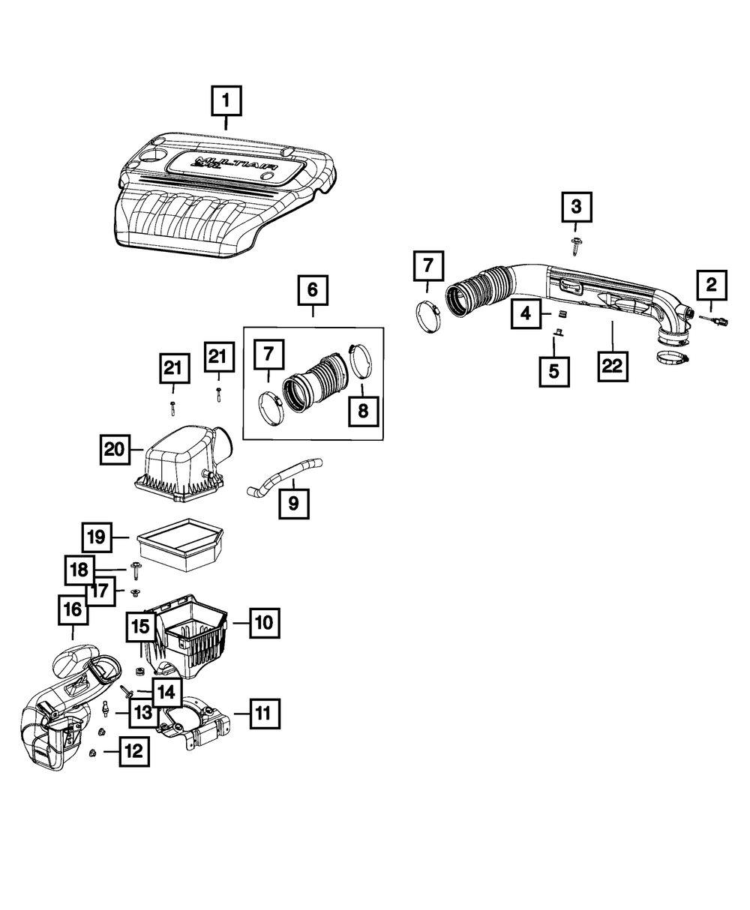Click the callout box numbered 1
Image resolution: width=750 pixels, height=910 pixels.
226,101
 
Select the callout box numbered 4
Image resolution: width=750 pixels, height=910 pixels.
526,313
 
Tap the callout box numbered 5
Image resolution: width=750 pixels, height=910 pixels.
554,370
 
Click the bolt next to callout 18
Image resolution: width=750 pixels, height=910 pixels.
136,573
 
